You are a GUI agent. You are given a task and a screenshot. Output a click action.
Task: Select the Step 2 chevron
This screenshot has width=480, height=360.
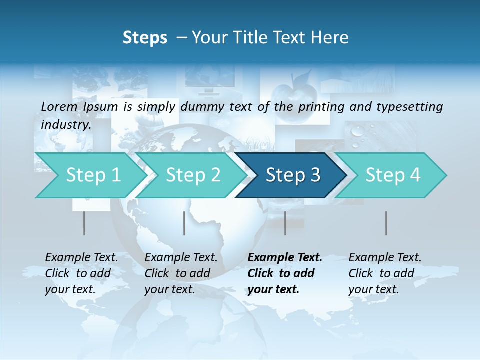(x=192, y=175)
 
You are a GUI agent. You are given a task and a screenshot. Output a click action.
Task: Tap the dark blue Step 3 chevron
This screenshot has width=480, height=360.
(x=292, y=175)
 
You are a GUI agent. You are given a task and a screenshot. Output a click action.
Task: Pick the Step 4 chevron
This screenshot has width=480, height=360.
(x=392, y=175)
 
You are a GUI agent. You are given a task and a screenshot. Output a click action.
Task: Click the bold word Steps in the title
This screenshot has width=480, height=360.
(x=145, y=37)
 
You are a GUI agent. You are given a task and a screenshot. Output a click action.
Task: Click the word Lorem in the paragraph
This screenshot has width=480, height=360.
(x=59, y=107)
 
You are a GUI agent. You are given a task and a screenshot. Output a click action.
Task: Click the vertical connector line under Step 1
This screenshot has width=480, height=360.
(x=84, y=223)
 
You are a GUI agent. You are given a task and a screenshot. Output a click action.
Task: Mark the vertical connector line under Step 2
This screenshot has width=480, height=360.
(x=184, y=223)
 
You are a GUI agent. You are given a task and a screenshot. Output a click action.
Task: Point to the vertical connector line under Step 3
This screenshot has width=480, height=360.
(x=285, y=223)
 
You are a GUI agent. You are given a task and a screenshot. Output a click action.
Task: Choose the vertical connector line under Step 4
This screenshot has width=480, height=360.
(x=386, y=223)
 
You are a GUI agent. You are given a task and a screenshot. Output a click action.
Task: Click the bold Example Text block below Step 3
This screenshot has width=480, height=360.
(x=285, y=273)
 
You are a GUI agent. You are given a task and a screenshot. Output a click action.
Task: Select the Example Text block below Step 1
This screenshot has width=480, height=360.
(x=81, y=273)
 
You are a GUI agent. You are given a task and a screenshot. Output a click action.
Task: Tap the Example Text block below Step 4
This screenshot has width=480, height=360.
(x=385, y=273)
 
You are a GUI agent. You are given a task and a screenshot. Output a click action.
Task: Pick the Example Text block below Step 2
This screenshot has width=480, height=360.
(x=181, y=273)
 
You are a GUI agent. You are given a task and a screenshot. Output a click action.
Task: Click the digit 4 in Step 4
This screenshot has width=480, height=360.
(x=415, y=175)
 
